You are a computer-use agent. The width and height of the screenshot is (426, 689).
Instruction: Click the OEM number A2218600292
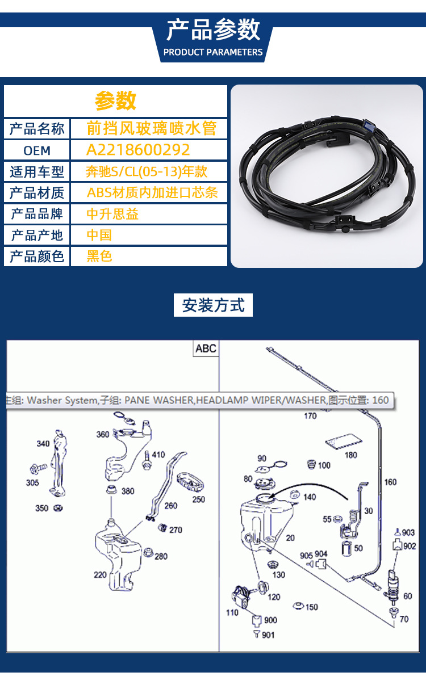tap(138, 150)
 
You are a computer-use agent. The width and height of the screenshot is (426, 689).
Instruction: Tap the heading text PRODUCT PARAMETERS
tap(213, 52)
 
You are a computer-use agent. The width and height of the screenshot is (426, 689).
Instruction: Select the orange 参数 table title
tap(115, 100)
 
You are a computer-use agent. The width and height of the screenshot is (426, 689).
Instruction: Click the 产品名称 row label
tap(37, 128)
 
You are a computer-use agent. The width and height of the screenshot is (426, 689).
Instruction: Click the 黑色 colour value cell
tap(99, 257)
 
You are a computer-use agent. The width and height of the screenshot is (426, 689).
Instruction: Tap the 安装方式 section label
tap(213, 305)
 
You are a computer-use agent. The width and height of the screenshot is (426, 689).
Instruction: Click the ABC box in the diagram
tap(206, 348)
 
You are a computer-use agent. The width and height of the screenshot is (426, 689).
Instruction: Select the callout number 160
tap(390, 482)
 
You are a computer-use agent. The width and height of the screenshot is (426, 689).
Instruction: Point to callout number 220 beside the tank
tap(100, 575)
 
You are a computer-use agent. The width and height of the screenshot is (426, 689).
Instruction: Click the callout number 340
tap(43, 444)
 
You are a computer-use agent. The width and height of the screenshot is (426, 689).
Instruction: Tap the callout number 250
tap(198, 499)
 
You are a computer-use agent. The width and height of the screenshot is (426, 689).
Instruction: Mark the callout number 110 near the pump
tap(232, 613)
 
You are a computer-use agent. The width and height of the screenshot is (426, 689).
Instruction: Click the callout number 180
tap(351, 455)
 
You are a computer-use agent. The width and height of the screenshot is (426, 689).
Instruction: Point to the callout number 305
tap(32, 482)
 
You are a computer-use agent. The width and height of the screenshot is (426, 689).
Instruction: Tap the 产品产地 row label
tap(37, 235)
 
